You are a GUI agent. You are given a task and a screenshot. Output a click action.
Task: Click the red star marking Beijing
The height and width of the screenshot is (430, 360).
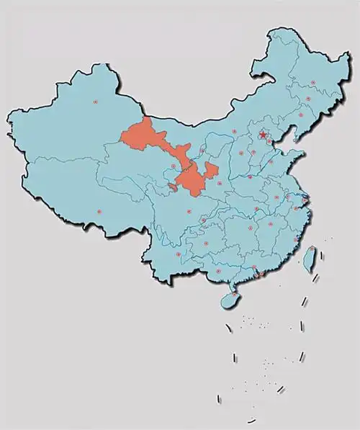point(264,134)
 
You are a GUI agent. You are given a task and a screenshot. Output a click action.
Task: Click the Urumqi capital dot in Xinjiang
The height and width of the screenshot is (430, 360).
point(95,102)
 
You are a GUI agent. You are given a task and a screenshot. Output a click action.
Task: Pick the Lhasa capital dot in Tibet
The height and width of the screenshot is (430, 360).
point(99,212)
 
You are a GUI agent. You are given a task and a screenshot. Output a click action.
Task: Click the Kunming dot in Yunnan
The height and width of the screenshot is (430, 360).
point(177,254)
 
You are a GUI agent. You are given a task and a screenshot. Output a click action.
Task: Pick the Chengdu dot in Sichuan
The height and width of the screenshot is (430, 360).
point(189,212)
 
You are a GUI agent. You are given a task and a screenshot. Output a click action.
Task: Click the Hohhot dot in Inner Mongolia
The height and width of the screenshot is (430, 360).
point(234,131)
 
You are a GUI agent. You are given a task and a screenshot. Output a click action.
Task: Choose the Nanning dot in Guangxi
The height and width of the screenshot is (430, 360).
point(218,271)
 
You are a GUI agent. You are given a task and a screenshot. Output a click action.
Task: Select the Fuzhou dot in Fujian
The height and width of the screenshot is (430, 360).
point(295,238)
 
